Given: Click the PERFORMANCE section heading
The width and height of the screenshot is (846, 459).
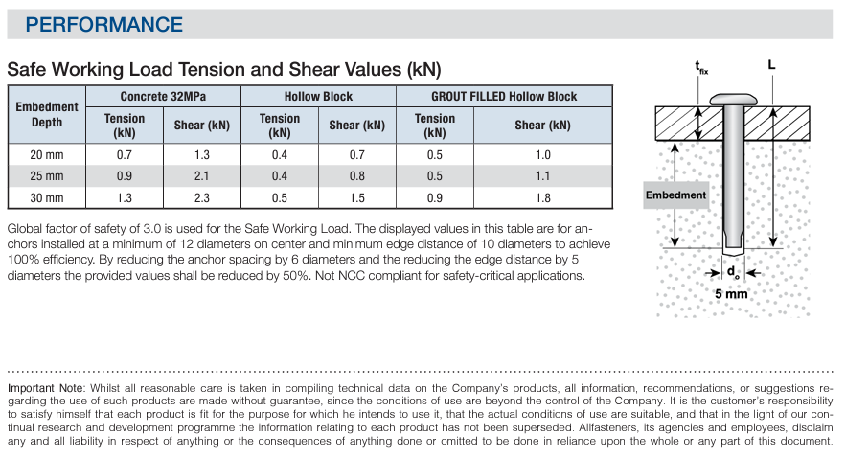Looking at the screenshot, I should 104,24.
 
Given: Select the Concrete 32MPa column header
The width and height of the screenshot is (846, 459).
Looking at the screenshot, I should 163,97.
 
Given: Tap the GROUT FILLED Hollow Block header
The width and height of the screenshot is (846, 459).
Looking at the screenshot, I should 504,97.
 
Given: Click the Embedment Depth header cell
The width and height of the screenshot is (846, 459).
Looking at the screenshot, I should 47,114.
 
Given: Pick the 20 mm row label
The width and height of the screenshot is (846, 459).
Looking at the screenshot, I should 47,155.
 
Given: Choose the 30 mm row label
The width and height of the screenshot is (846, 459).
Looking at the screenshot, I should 47,198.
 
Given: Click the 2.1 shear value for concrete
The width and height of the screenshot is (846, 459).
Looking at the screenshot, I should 201,176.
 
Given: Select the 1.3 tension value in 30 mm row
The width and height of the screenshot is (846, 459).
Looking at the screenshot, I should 125,198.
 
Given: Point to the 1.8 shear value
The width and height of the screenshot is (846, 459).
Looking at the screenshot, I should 542,198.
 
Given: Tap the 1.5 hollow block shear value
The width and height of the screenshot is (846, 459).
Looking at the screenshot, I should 356,198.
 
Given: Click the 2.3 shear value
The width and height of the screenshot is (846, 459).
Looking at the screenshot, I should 201,198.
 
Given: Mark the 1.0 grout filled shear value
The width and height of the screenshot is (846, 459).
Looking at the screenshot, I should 542,155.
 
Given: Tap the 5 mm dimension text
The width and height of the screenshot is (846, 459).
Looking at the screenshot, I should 731,293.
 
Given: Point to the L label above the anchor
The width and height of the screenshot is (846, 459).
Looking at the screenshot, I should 771,65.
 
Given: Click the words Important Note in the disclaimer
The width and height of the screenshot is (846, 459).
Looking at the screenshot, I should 44,387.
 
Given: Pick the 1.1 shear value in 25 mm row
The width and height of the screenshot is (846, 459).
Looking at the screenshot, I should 542,176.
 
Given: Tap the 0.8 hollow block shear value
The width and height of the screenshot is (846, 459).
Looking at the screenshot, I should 356,176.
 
